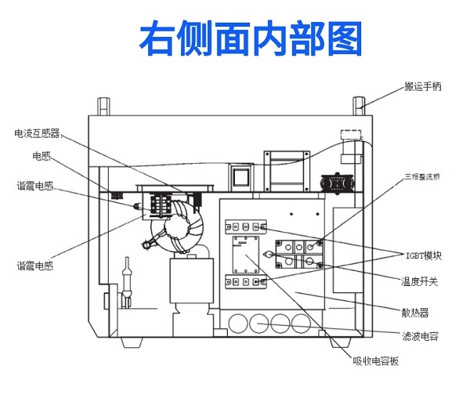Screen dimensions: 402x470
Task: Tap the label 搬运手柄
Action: [x=422, y=86]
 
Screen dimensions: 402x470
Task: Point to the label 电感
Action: [x=41, y=156]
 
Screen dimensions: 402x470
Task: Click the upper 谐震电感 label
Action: [x=35, y=186]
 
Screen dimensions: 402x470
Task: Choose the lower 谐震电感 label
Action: [x=35, y=266]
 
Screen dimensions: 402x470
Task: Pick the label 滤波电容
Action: [x=419, y=336]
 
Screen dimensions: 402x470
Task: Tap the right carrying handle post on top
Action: [x=358, y=106]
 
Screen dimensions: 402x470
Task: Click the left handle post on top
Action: [x=100, y=106]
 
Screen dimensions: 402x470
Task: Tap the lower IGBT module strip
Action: [x=247, y=281]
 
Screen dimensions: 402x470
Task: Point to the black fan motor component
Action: [x=341, y=182]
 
